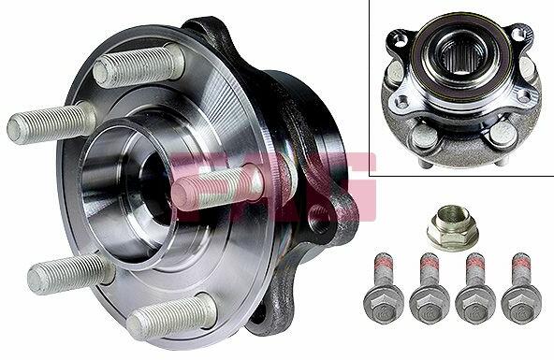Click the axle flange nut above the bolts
[452, 227]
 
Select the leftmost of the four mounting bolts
[383, 288]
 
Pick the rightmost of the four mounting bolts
[521, 288]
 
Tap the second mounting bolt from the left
[430, 288]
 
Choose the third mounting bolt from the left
[475, 288]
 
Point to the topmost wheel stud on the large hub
[139, 66]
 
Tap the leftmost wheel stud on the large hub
[51, 122]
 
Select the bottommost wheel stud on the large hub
[171, 316]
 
